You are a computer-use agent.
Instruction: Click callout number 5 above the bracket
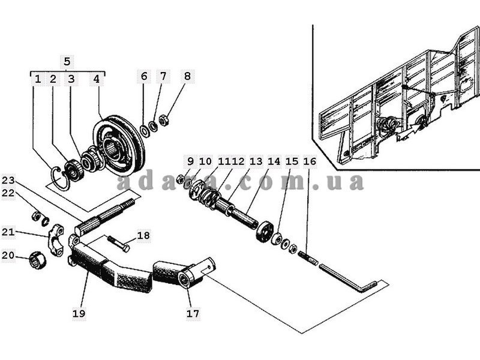tap(67, 62)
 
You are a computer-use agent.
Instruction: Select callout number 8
tap(187, 76)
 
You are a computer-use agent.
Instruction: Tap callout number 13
tap(256, 161)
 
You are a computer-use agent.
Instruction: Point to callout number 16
tap(310, 161)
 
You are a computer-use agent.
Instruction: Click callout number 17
tap(193, 313)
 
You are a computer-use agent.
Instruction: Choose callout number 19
tap(79, 313)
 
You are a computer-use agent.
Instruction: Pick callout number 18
tap(143, 235)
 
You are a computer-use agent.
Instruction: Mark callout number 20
tap(8, 254)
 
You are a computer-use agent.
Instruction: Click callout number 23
tap(8, 180)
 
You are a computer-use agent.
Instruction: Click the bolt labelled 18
tap(118, 244)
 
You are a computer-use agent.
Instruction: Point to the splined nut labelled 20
tap(37, 261)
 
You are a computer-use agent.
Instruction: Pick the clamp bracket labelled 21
tap(56, 241)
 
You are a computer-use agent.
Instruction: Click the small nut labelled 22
tap(36, 216)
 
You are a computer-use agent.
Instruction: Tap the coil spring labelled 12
tap(209, 199)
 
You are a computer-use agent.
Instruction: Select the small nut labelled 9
tap(181, 178)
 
